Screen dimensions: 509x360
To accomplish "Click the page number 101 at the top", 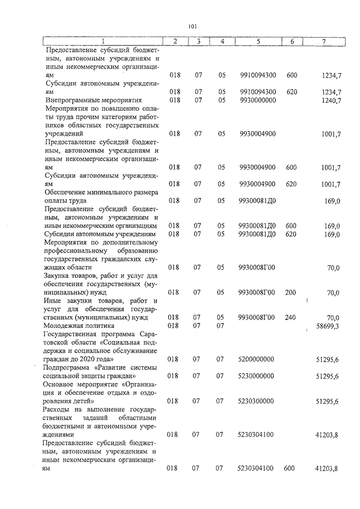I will (192, 26).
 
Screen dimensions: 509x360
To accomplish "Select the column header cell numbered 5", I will (257, 41).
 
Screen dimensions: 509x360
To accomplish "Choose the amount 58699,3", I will (328, 326).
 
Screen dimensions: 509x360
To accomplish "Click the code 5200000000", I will (256, 358).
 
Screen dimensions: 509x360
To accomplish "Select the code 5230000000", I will (256, 375).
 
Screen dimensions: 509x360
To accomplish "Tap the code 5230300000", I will (256, 401).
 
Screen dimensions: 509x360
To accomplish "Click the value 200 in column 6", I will (290, 292).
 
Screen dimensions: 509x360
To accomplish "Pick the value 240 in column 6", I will (290, 317).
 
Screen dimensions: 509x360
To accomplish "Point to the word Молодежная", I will (63, 326).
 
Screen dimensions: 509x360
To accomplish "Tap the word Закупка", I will (58, 276).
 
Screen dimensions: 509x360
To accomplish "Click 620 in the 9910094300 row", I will (291, 92).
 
